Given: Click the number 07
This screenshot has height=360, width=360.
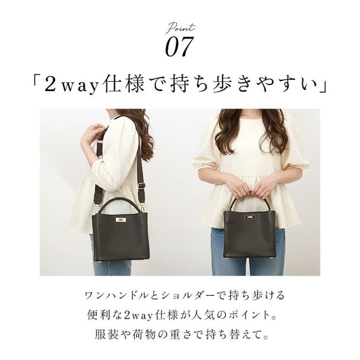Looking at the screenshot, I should click(x=179, y=47).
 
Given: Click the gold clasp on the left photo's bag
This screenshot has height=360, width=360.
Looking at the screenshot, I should click(x=120, y=220).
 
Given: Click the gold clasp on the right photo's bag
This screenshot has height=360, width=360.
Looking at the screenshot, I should click(x=250, y=216).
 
